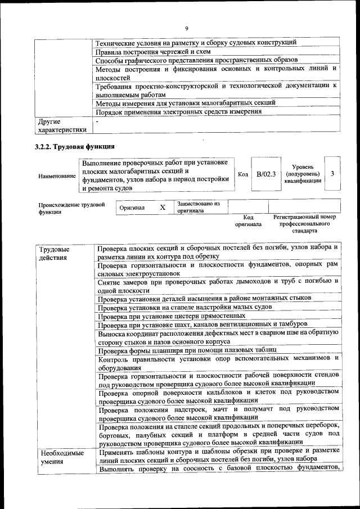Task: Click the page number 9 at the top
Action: [187, 29]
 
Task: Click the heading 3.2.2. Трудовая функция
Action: [70, 147]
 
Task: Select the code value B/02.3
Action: [265, 174]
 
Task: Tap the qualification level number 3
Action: [332, 174]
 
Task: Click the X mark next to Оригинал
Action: [162, 208]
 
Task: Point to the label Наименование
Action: [57, 176]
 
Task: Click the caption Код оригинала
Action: [248, 220]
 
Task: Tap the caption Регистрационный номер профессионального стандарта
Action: [304, 223]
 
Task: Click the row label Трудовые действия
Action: [55, 253]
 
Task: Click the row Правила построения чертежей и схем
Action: [152, 52]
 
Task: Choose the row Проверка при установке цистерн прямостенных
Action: [170, 316]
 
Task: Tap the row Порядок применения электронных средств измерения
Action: [178, 111]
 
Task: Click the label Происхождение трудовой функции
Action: [71, 209]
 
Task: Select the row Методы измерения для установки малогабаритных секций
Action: [185, 103]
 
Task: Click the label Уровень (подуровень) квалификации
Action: [303, 174]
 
